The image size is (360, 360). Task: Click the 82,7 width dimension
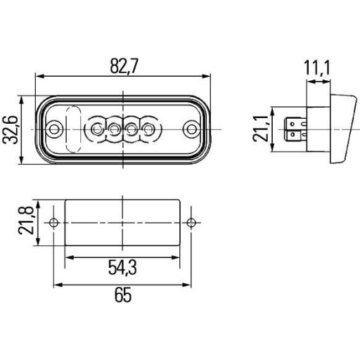[x=124, y=66]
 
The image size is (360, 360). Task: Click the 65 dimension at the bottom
[x=124, y=296]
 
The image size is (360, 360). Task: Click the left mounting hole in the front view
[x=56, y=129]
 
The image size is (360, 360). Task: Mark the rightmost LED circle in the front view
[x=149, y=129]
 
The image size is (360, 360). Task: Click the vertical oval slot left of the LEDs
[x=73, y=129]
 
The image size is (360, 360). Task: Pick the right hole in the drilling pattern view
[x=191, y=223]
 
